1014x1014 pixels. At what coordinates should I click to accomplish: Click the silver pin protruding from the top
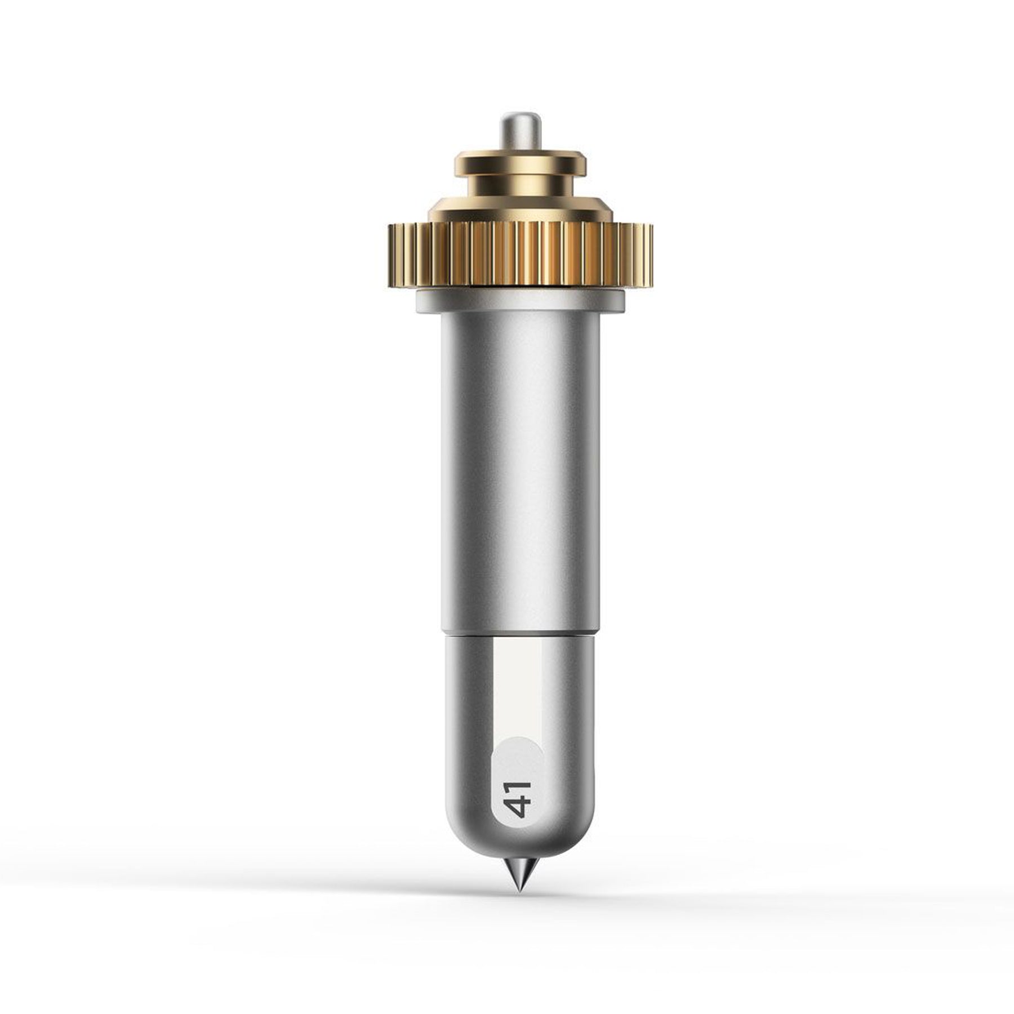(519, 134)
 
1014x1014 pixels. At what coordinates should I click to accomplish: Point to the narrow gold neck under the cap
(520, 185)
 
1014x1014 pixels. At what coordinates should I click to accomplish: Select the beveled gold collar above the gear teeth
(520, 210)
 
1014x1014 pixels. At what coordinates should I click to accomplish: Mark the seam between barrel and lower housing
(520, 634)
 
